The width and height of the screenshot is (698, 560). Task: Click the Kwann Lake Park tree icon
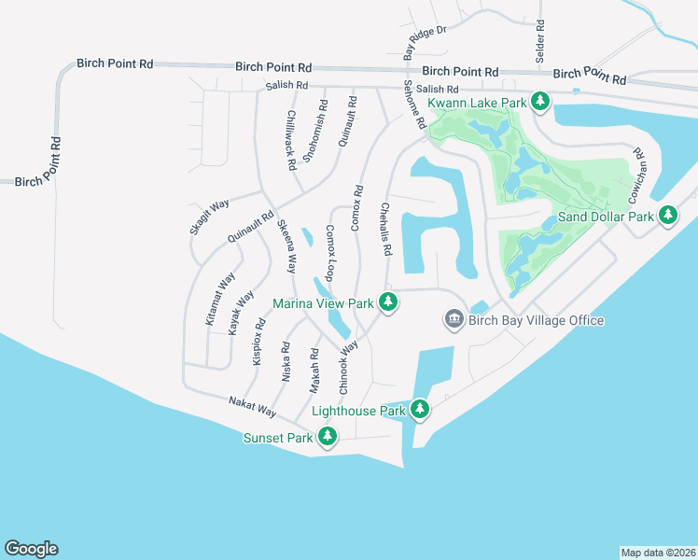coord(539,100)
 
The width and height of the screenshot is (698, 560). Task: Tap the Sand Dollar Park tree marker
coord(668,216)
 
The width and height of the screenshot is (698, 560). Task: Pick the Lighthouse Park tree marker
coord(420,410)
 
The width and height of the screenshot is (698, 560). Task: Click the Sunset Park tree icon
coord(328,436)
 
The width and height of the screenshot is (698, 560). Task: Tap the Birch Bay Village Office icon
coord(454,320)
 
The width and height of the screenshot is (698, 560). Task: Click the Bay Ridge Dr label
coord(426,43)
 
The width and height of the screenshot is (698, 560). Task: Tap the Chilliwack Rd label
coord(291,140)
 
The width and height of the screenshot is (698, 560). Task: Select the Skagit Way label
coord(209,217)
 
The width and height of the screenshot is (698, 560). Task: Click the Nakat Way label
coord(253,407)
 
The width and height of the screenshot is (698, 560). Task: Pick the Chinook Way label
coord(349,367)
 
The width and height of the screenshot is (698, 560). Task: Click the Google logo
coord(31,549)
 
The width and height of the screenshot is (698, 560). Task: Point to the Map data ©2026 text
coord(657,552)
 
